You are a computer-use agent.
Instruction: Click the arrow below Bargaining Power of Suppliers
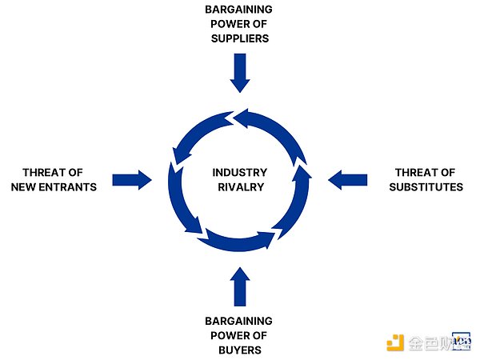tap(239, 72)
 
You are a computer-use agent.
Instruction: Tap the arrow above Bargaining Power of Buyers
tap(239, 286)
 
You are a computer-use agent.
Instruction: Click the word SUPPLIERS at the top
tap(240, 38)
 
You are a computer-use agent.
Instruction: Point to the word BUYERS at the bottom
tap(240, 350)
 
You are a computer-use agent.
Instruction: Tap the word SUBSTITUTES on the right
tap(426, 187)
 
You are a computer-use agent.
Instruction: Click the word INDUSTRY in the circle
tap(239, 173)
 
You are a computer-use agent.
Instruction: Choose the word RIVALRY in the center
tap(239, 187)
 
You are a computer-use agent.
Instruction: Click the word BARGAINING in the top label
tap(240, 9)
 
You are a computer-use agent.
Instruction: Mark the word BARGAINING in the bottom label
tap(240, 321)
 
